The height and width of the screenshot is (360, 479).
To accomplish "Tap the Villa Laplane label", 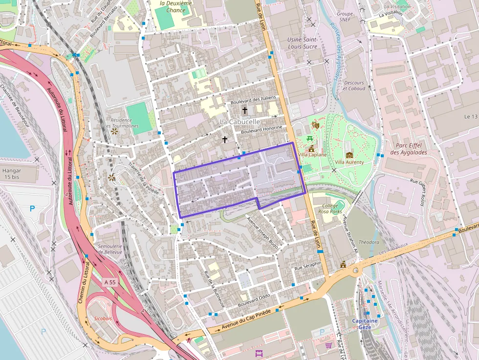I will pos(312,155).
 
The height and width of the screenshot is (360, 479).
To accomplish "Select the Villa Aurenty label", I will pos(349,162).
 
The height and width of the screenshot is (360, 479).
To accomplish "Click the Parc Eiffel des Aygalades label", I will pos(409,148).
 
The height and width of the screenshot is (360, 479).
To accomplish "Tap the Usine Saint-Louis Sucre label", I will pos(303,43).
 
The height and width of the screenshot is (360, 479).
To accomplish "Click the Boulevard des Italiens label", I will pos(253,100).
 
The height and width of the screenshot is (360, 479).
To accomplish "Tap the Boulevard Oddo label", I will pos(254,300).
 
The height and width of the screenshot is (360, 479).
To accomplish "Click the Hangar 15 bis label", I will pos(12,174).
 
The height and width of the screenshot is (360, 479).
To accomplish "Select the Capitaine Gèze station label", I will pos(365,324).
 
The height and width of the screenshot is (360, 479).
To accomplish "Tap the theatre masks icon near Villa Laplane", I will pos(316,125).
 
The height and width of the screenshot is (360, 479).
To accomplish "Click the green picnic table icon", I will pos(310,139).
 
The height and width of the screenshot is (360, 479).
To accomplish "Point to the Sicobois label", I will pos(103,318).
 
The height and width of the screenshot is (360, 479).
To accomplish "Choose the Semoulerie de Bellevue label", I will pos(110,249).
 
